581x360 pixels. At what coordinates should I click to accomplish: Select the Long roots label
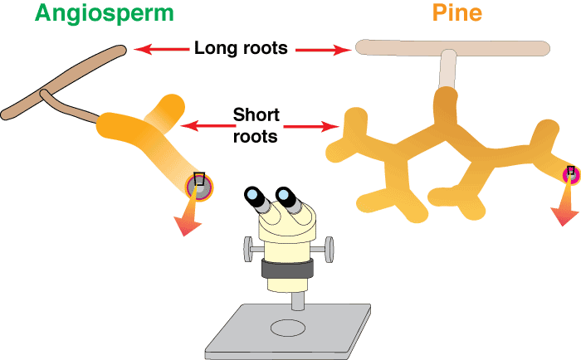click(241, 48)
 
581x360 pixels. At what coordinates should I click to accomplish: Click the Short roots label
click(256, 125)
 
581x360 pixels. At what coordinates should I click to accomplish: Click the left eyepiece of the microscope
click(252, 196)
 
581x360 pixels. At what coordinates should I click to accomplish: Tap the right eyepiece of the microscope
click(287, 196)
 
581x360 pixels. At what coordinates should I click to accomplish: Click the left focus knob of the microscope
click(247, 246)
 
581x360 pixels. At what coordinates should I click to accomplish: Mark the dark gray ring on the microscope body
click(288, 269)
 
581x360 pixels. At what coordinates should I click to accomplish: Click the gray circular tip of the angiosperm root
click(199, 187)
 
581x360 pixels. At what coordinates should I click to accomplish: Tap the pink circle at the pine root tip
click(570, 174)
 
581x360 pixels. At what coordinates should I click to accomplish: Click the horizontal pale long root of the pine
click(452, 47)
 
